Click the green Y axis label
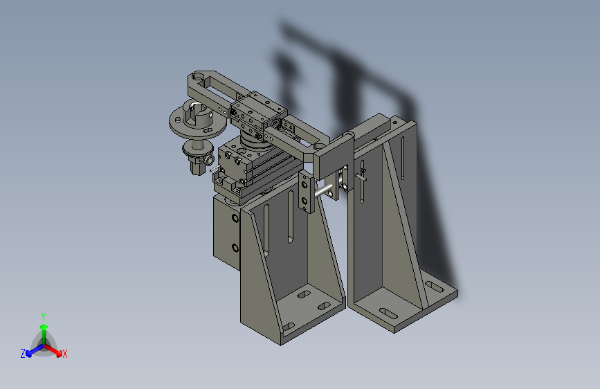[x=44, y=316]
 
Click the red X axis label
[x=64, y=354]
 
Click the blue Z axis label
[x=23, y=354]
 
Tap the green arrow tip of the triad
[x=44, y=327]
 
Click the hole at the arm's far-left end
[x=197, y=76]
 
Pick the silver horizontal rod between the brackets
[x=323, y=190]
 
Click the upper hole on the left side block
[x=235, y=219]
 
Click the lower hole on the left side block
[x=235, y=248]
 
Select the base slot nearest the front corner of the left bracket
[x=289, y=327]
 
